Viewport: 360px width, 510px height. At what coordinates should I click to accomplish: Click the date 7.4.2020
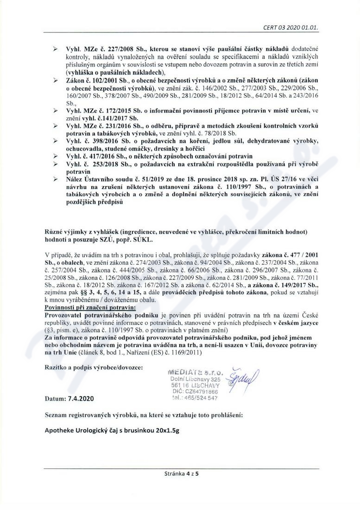[x=69, y=398]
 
